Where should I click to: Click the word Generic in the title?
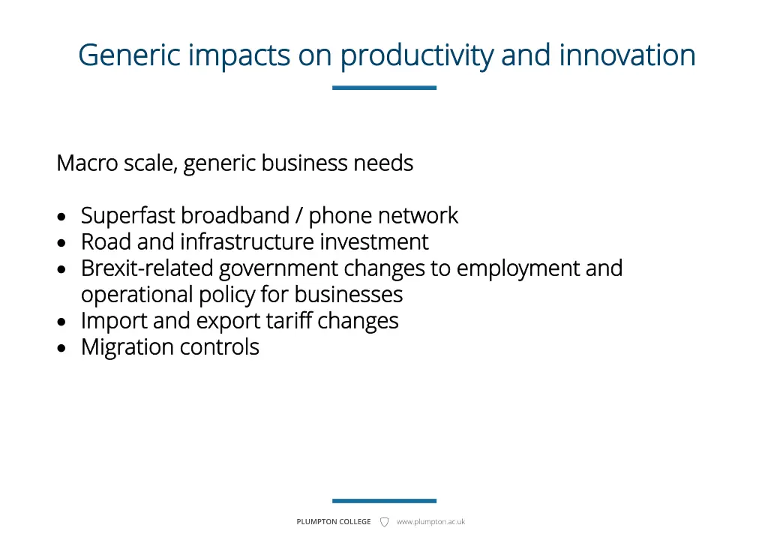(129, 55)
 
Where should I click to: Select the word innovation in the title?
(627, 55)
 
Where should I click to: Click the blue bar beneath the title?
(384, 88)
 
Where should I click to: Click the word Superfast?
(128, 216)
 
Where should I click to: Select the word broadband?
(235, 216)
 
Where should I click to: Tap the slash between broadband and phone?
(299, 216)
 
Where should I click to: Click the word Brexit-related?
(147, 268)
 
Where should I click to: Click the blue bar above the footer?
(384, 501)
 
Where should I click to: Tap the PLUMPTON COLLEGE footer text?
(334, 522)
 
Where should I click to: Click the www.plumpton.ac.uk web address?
(430, 522)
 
